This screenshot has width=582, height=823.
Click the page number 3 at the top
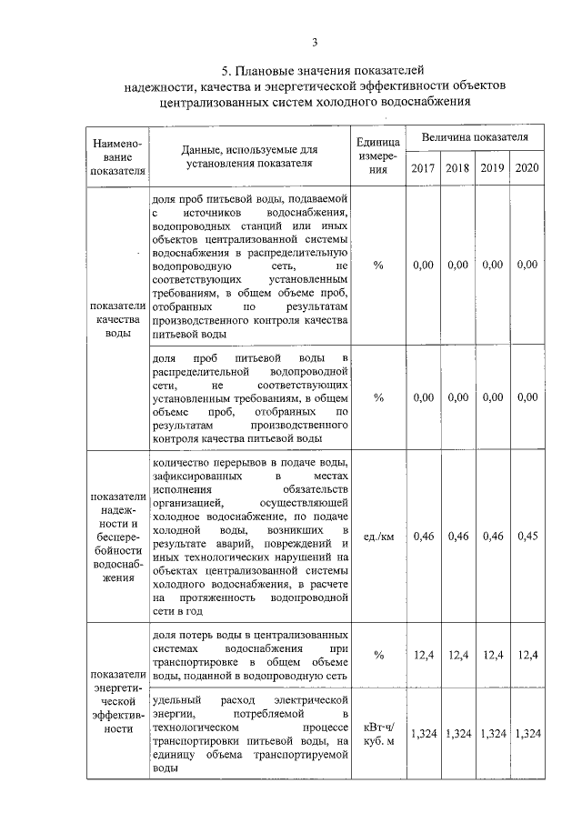click(x=314, y=42)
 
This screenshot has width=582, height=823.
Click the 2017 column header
click(x=423, y=168)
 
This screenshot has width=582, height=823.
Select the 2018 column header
click(x=457, y=168)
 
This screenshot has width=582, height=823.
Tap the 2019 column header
click(x=492, y=168)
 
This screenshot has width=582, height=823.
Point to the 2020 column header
click(x=527, y=168)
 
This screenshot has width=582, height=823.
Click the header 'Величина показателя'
click(x=475, y=136)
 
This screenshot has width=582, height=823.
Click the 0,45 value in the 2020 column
click(x=527, y=536)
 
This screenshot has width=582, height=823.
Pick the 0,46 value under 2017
click(x=423, y=536)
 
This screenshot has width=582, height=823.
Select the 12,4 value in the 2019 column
click(x=492, y=654)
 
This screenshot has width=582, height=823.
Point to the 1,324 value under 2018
click(x=457, y=734)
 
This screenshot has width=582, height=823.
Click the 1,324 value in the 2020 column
click(x=527, y=734)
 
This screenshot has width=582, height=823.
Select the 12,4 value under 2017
click(x=423, y=654)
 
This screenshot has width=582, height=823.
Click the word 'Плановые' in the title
click(x=269, y=70)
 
